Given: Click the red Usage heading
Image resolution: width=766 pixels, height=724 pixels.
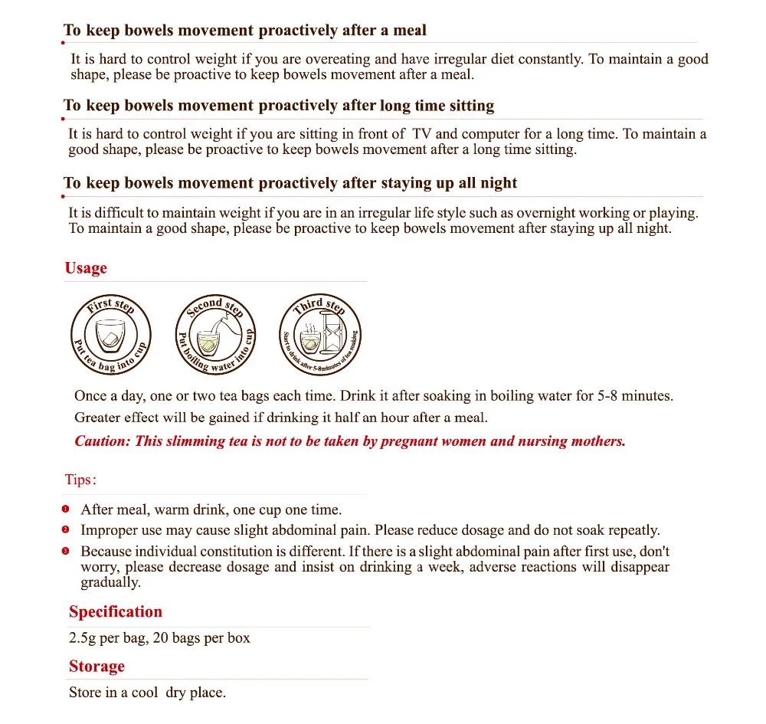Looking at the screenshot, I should tap(86, 268).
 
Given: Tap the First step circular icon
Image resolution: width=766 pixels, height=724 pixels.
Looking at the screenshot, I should tap(111, 333).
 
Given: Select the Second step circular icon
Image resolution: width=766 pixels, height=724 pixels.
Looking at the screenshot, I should tap(215, 333).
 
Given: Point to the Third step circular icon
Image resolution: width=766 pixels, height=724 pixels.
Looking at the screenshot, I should tap(319, 333).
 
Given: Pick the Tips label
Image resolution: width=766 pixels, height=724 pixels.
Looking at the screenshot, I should tap(80, 480).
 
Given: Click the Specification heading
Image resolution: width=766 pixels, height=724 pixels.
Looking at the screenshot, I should tap(116, 611).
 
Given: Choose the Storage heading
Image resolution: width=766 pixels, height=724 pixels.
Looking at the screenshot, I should tap(97, 667).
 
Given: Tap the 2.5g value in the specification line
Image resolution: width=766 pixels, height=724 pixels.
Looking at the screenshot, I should tap(83, 637).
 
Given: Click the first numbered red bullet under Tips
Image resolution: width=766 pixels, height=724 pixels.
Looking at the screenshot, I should tap(66, 509).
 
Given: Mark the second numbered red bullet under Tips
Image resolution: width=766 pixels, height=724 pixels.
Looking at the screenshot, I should tap(66, 529).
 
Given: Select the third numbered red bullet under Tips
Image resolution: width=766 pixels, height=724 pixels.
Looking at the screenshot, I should tap(66, 551).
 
